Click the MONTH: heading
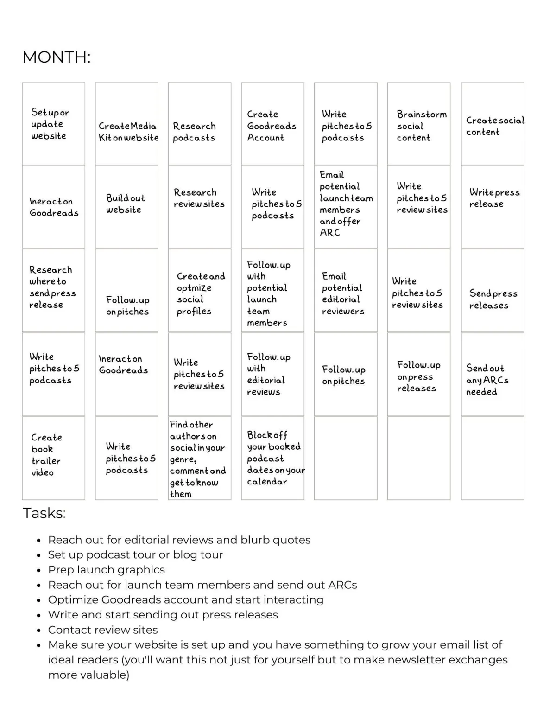(57, 57)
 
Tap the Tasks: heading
(44, 513)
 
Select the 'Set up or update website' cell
(54, 124)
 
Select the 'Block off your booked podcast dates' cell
(273, 458)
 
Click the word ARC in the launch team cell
(330, 233)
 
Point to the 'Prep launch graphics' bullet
(107, 570)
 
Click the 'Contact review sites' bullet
(103, 630)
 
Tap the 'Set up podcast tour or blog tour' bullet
(136, 555)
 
